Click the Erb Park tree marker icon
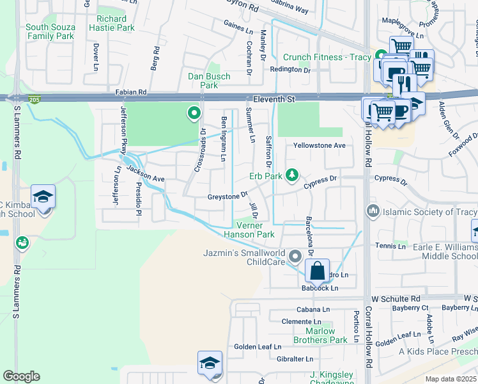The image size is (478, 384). point(292,175)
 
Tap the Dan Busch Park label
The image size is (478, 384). point(203,81)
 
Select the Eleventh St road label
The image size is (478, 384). point(274,100)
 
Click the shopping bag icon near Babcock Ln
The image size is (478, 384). point(317,271)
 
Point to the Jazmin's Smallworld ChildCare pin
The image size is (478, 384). point(295,257)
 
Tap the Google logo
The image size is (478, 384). point(20,376)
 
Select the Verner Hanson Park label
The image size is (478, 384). point(256,230)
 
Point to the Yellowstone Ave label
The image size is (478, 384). point(319,145)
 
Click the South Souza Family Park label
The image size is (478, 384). point(50,31)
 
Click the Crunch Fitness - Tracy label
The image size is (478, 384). point(327,57)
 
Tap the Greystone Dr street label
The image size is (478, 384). point(227,196)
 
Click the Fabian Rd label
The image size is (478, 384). point(131,93)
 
